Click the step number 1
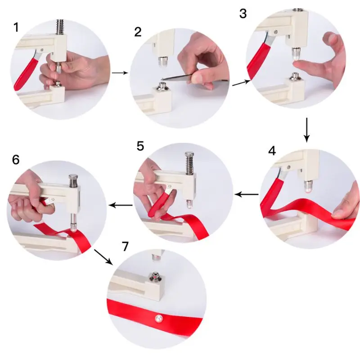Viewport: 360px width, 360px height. (17, 27)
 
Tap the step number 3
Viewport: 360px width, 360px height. (243, 13)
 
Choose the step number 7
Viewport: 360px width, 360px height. (125, 246)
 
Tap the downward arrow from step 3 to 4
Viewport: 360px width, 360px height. (306, 129)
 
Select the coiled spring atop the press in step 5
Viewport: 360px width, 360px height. (189, 162)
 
